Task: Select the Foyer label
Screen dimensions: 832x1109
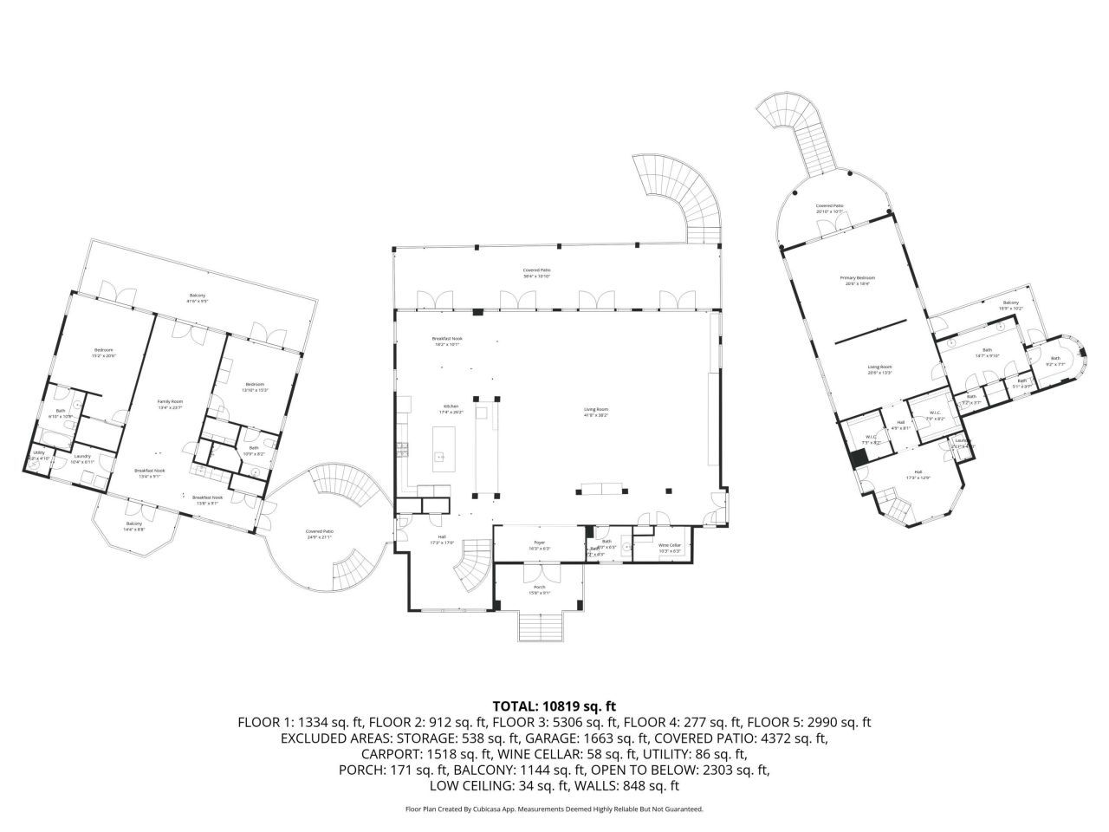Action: pos(538,546)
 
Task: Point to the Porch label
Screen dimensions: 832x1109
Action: pos(538,589)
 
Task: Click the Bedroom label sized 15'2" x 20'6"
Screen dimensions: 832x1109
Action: pos(104,353)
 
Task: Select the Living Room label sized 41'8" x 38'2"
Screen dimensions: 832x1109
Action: pos(596,412)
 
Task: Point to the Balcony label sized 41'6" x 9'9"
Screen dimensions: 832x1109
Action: pos(198,299)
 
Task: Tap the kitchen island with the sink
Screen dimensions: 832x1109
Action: pos(441,442)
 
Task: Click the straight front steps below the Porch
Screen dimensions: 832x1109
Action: pos(539,626)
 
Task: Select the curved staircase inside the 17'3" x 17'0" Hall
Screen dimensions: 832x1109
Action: pos(475,563)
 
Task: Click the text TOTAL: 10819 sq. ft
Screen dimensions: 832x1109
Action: pos(554,706)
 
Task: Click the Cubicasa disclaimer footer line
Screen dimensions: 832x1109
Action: pos(554,809)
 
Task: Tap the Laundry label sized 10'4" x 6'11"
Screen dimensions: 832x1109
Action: pos(83,459)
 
